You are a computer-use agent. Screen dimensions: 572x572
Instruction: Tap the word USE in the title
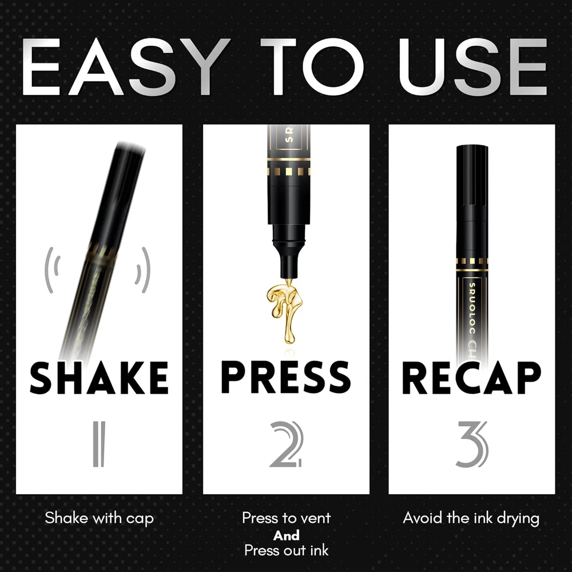click(x=473, y=66)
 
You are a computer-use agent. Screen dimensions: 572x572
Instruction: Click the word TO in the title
click(x=312, y=66)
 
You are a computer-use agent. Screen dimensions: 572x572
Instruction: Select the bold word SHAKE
click(x=99, y=378)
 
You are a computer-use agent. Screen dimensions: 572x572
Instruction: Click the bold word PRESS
click(x=286, y=377)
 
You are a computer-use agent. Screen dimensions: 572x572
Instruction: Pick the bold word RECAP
click(x=472, y=378)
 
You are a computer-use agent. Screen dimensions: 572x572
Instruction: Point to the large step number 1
click(x=99, y=444)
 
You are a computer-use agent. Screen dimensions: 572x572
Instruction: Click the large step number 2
click(x=287, y=444)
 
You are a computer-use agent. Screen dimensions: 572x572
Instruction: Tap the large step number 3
click(x=472, y=444)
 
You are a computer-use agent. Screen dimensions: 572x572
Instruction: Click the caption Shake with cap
click(x=99, y=518)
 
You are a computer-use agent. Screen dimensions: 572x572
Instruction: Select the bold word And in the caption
click(x=287, y=535)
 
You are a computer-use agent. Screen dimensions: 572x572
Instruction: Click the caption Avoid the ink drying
click(x=471, y=518)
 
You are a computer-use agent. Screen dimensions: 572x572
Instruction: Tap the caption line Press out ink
click(x=287, y=550)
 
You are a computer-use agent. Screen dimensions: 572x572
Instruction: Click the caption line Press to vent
click(x=287, y=518)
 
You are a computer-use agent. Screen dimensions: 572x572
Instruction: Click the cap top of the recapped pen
click(x=472, y=147)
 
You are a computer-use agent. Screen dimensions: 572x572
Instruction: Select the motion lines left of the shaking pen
click(x=52, y=270)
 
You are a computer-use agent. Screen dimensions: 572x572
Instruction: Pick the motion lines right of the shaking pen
click(x=143, y=270)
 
